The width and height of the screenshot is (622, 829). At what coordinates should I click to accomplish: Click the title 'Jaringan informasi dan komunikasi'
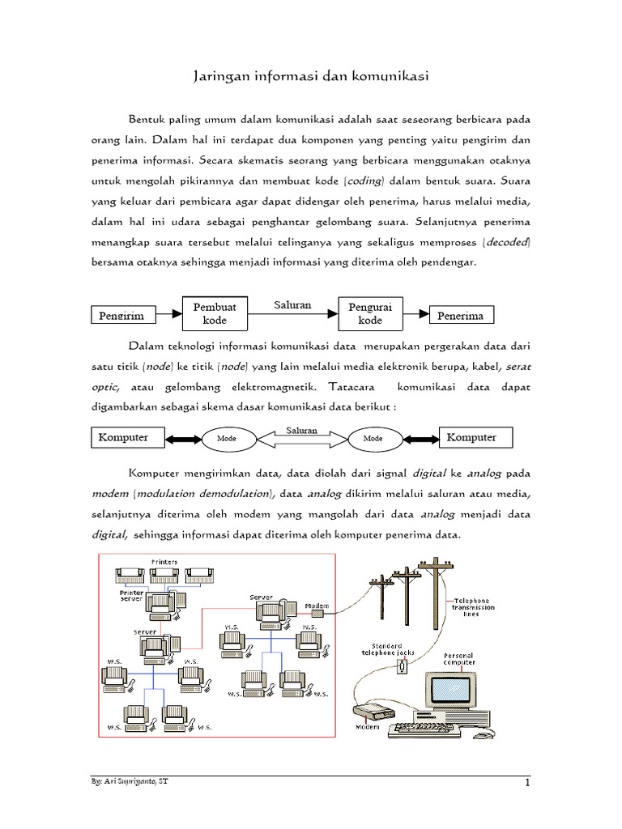click(x=311, y=77)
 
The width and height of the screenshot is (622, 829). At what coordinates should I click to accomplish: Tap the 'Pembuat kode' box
click(x=215, y=313)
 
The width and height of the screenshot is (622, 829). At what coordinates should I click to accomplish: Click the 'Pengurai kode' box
click(x=370, y=313)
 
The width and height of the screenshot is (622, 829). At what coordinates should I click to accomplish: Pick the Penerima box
click(x=460, y=315)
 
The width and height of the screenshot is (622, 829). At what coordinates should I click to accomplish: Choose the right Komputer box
click(x=471, y=437)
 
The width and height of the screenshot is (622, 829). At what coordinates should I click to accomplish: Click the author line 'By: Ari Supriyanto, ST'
click(x=130, y=781)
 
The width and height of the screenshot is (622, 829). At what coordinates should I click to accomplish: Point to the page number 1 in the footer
click(x=526, y=783)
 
